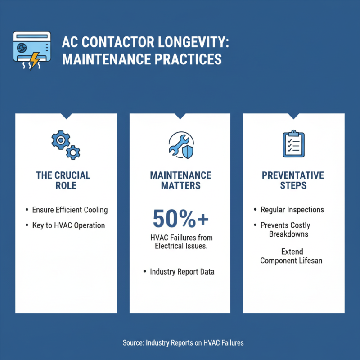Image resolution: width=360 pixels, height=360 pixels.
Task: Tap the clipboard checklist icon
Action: (x=294, y=144)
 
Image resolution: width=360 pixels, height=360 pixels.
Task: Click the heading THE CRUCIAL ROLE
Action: (x=66, y=180)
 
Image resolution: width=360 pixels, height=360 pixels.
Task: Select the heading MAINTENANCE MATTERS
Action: (x=180, y=180)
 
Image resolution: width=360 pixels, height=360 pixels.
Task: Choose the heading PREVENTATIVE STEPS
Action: (x=293, y=180)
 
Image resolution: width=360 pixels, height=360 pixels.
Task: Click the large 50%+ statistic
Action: (x=180, y=218)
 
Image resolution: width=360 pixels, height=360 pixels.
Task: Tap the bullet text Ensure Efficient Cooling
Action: (x=70, y=210)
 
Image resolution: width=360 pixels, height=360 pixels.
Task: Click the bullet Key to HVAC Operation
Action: (x=68, y=225)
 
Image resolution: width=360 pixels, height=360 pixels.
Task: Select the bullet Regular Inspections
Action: (x=292, y=210)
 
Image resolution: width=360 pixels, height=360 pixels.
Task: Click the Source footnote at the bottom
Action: (x=183, y=343)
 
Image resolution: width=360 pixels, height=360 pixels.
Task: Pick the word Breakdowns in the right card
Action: (x=288, y=234)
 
